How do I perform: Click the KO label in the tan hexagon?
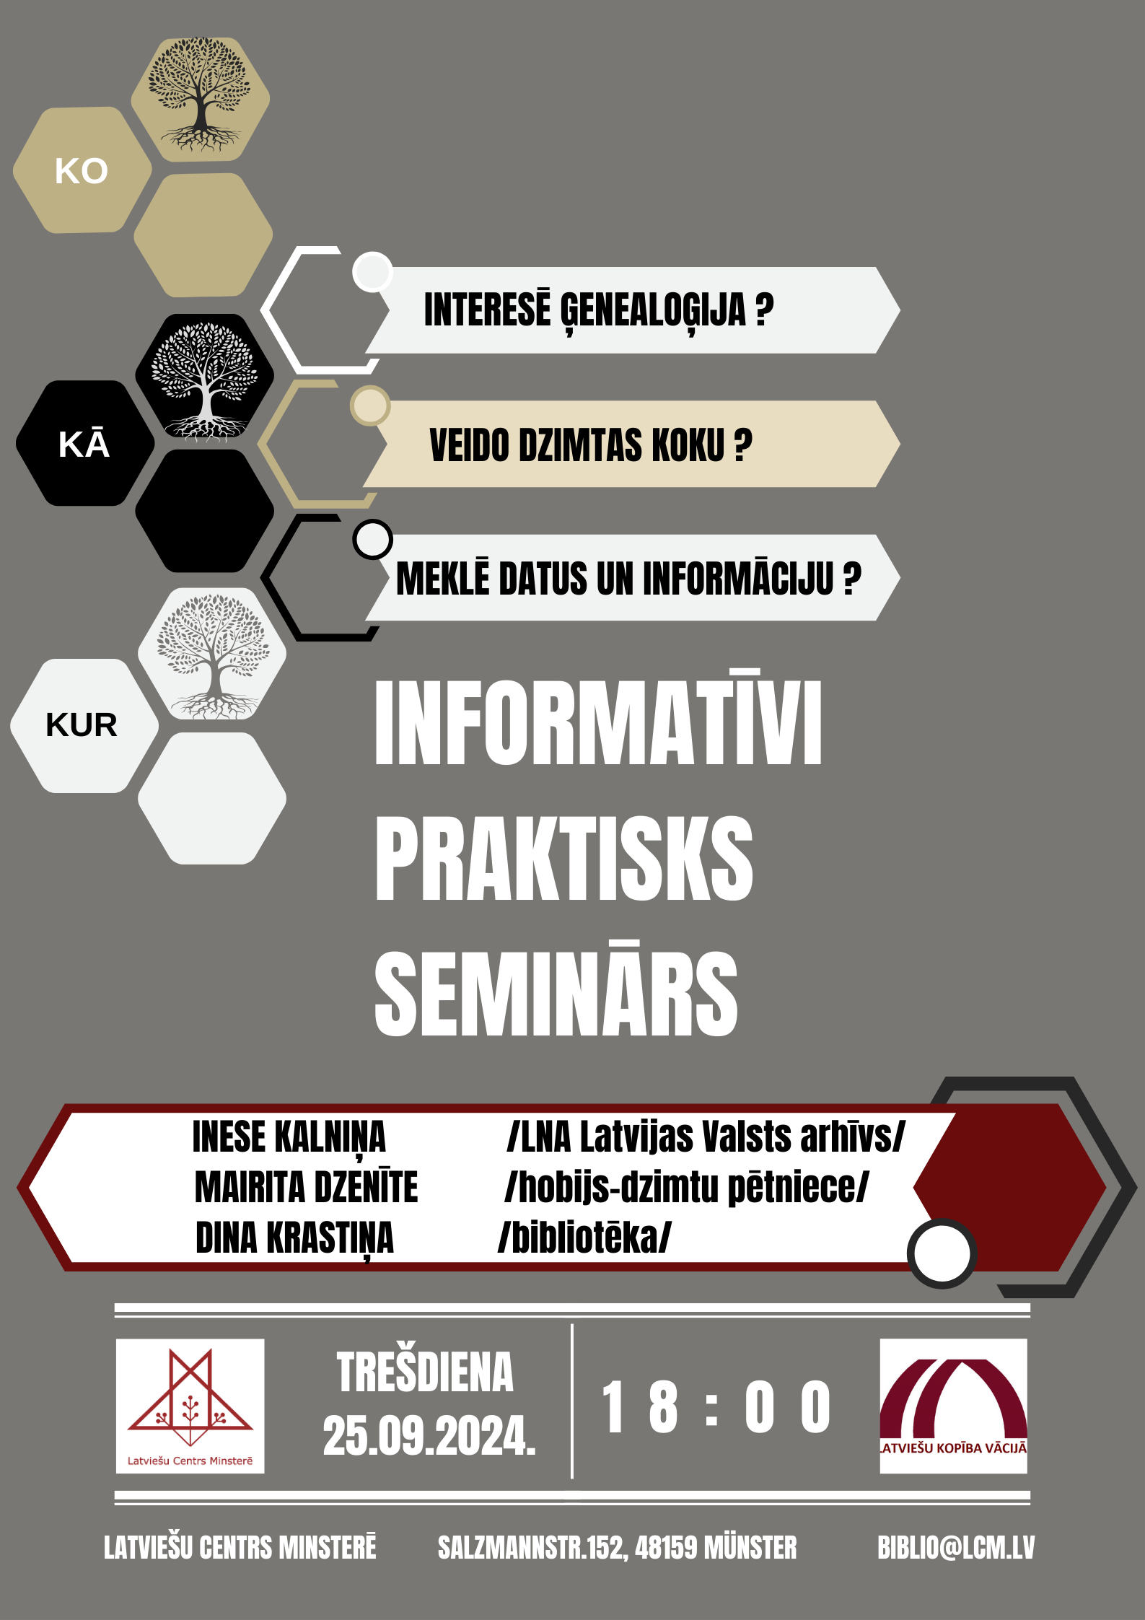tap(82, 171)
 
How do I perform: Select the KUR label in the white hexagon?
tap(82, 724)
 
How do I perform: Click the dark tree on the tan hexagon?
tap(201, 95)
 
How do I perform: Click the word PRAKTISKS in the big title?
tap(563, 859)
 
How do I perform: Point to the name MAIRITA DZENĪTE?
tap(306, 1187)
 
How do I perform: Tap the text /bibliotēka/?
tap(584, 1238)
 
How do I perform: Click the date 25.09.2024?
tap(429, 1436)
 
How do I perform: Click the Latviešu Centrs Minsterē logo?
tap(190, 1406)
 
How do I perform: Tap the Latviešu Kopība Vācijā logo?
tap(953, 1406)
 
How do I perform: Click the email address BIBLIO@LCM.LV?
tap(956, 1548)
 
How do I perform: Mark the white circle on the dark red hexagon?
tap(942, 1253)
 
